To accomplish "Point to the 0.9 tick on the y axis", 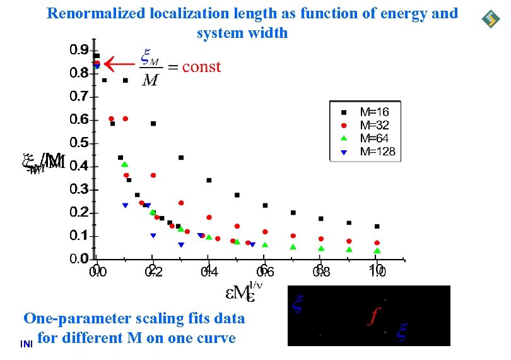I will [x=79, y=49].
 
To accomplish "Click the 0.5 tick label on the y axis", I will [x=79, y=143].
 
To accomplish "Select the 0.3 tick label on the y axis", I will [x=79, y=189].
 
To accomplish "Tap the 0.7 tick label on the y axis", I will [x=79, y=96].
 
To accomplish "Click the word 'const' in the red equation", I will [x=201, y=67].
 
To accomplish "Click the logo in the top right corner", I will [x=490, y=20].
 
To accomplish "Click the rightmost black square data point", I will [x=377, y=226].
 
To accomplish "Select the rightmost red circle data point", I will [x=377, y=243].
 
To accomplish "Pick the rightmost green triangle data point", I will [x=377, y=251].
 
